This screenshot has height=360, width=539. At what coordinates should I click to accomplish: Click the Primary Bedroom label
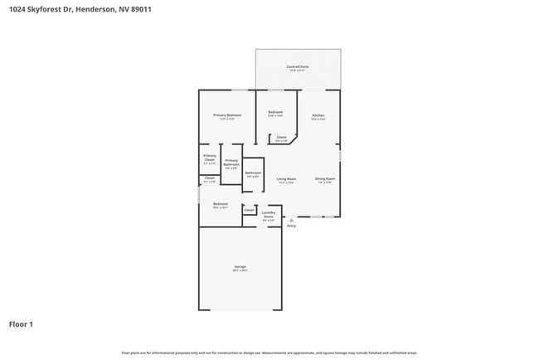pos(227,116)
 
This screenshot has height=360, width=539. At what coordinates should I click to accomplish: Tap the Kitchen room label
pos(318,116)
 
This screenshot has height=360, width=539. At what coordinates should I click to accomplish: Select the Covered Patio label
pos(298,67)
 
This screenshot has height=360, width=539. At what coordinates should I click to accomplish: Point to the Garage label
pos(240,267)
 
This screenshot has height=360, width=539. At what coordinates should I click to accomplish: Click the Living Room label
pos(286,180)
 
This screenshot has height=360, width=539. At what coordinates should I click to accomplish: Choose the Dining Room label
pos(324,180)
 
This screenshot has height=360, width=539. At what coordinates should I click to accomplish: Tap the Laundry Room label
pos(269,215)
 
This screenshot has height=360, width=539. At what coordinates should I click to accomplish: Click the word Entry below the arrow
pos(291,226)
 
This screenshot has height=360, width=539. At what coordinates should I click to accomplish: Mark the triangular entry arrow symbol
pos(291,220)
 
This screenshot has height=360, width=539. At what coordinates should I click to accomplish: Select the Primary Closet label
pos(210,158)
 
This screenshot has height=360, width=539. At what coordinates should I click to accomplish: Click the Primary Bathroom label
pos(231,163)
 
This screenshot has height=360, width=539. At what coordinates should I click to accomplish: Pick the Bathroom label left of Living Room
pos(253,174)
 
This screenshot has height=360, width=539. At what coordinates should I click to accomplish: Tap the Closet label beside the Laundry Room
pos(249,210)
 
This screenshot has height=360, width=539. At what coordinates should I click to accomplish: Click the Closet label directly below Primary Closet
pos(210,178)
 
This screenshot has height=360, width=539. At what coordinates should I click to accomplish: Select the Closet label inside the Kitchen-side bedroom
pos(281,139)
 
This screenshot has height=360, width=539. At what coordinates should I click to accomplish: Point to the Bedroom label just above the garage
pos(220,205)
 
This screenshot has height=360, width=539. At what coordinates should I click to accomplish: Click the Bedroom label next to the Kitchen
pos(275,113)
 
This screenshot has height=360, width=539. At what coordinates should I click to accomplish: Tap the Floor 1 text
pos(21,324)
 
